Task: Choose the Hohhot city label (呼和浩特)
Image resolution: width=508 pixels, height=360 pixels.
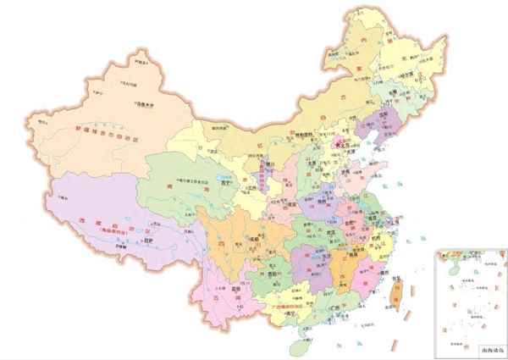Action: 302,136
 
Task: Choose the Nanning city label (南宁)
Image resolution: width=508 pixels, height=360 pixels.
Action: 290,311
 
